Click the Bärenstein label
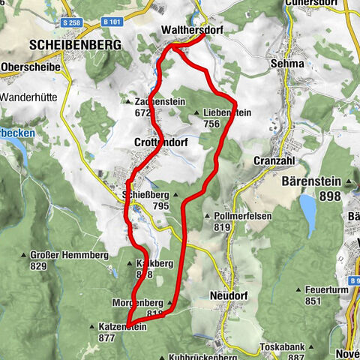[310, 181]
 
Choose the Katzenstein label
[123, 327]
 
